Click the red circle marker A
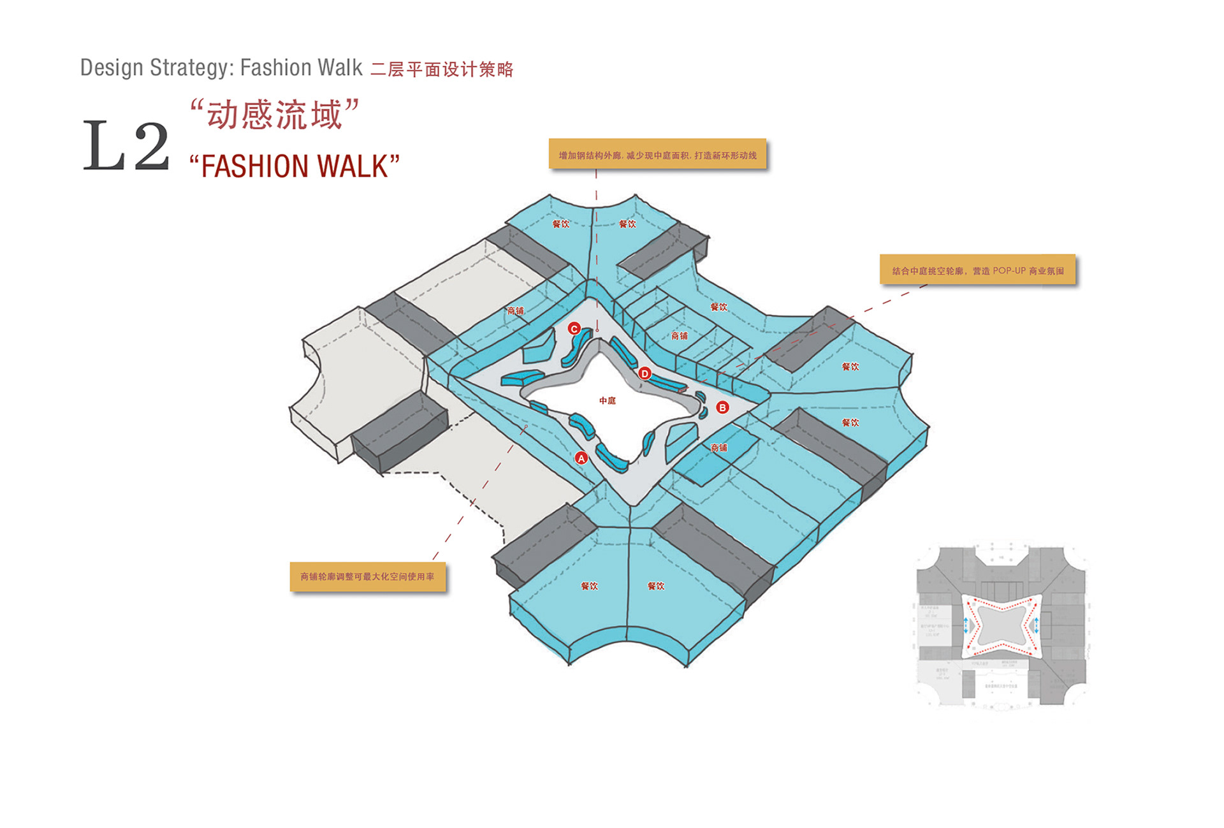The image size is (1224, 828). (581, 458)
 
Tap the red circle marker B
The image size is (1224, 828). (722, 407)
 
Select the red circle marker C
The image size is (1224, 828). (574, 329)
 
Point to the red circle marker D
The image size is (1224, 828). (645, 374)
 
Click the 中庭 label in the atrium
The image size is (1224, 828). (608, 401)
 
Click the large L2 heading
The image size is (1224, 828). (126, 146)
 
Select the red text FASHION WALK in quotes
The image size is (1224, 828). (295, 166)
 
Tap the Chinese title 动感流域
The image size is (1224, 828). (275, 115)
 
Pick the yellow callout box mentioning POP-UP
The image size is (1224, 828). (977, 270)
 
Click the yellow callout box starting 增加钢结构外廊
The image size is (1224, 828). (657, 155)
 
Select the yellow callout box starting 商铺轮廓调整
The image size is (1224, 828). (367, 576)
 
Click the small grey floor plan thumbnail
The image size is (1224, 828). (1001, 626)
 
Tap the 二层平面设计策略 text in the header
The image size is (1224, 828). (442, 69)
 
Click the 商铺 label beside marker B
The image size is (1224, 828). (719, 448)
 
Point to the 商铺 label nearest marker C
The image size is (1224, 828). (515, 311)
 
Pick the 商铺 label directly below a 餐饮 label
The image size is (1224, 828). (680, 336)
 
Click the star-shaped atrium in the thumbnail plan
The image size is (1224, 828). (1002, 625)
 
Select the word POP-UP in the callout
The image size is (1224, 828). (1009, 271)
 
